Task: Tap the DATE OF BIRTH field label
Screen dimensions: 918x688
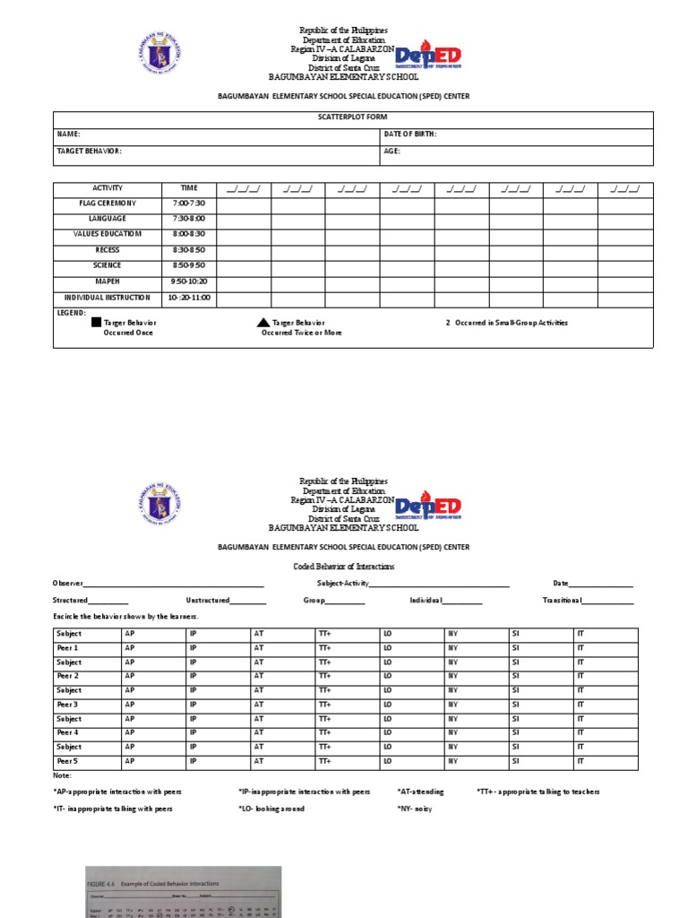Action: click(x=410, y=134)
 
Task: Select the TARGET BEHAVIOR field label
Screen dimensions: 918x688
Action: click(x=90, y=152)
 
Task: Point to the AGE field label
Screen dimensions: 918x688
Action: click(x=392, y=152)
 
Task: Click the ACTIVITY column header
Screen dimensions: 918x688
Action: click(x=107, y=188)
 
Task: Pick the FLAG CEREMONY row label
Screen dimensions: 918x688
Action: click(x=107, y=204)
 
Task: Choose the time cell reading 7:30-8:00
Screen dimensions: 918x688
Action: click(x=188, y=219)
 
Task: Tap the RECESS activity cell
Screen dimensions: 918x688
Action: click(x=107, y=250)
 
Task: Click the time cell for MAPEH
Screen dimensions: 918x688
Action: click(x=188, y=281)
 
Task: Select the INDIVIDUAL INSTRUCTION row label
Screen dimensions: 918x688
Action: click(x=107, y=298)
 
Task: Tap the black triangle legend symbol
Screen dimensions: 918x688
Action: click(x=262, y=323)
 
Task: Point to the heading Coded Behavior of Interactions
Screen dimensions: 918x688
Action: click(x=344, y=567)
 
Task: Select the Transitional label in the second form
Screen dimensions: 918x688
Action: click(x=562, y=601)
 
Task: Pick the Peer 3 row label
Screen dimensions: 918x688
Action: click(x=68, y=705)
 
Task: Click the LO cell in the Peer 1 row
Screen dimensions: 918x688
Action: click(x=388, y=648)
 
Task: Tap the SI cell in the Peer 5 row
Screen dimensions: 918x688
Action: click(x=515, y=762)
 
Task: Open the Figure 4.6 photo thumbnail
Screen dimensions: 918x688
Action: click(x=183, y=891)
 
